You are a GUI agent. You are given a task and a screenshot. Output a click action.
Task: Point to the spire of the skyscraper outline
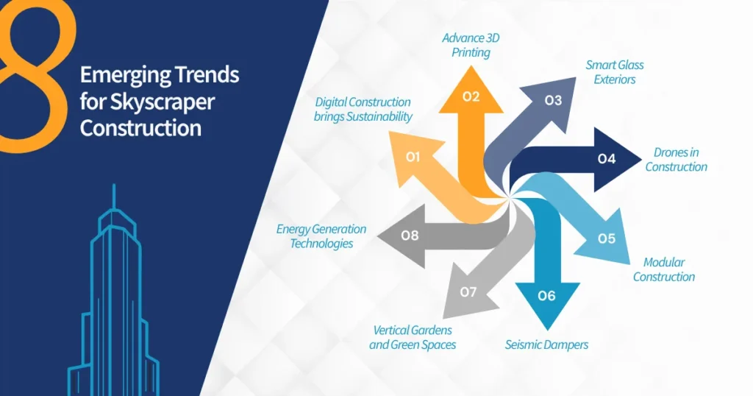coord(113,197)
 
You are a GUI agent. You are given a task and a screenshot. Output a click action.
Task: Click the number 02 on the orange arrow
coord(471,96)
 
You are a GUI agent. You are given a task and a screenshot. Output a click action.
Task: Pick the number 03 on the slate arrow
coord(553,101)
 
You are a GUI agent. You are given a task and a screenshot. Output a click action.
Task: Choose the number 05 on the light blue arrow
coord(606,238)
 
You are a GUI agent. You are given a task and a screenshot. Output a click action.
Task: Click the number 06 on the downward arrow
coord(546,296)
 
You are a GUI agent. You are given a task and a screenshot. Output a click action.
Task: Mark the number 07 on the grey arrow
coord(468,292)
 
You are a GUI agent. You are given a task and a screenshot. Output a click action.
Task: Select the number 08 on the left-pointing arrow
coord(410,236)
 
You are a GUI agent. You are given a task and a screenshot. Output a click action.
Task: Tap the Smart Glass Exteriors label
coord(615,71)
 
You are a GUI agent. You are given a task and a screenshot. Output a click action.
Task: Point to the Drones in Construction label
coord(676,160)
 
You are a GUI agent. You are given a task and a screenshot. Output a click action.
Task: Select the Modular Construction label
coord(664,269)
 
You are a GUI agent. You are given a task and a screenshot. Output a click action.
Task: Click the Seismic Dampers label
coord(546,344)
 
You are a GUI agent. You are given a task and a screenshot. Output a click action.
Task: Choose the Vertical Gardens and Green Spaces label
coord(413,337)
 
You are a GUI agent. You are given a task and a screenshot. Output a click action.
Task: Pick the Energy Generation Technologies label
coord(321,236)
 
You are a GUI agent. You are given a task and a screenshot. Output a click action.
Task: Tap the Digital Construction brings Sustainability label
coord(363,109)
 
